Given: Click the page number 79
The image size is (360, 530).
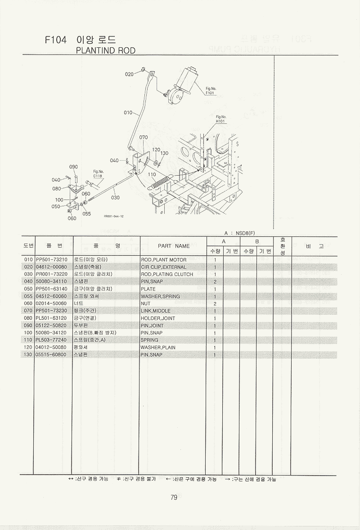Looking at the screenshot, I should click(x=174, y=498).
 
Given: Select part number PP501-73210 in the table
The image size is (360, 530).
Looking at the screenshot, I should click(x=51, y=260).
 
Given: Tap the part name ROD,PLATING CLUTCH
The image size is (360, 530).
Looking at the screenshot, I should click(x=167, y=274).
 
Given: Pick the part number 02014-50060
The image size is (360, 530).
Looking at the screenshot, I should click(x=51, y=304).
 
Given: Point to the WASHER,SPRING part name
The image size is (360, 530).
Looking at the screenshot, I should click(x=160, y=296).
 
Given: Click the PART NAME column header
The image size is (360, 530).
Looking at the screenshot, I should click(x=174, y=246).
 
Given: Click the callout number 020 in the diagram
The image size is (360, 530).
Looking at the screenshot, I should click(x=129, y=74).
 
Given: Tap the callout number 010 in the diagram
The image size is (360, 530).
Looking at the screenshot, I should click(x=128, y=113).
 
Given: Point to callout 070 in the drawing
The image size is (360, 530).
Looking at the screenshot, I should click(x=144, y=137).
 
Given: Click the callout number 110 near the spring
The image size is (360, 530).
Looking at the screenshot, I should click(x=152, y=174).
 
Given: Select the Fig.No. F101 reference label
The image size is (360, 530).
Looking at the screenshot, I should click(x=210, y=91).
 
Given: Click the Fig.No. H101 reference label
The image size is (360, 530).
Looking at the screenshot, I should click(x=220, y=119).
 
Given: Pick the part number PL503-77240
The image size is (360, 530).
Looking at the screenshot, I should click(x=51, y=340).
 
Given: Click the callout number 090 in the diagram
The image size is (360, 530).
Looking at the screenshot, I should click(x=74, y=167).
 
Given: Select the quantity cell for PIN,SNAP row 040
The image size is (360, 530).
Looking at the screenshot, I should click(x=215, y=281).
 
